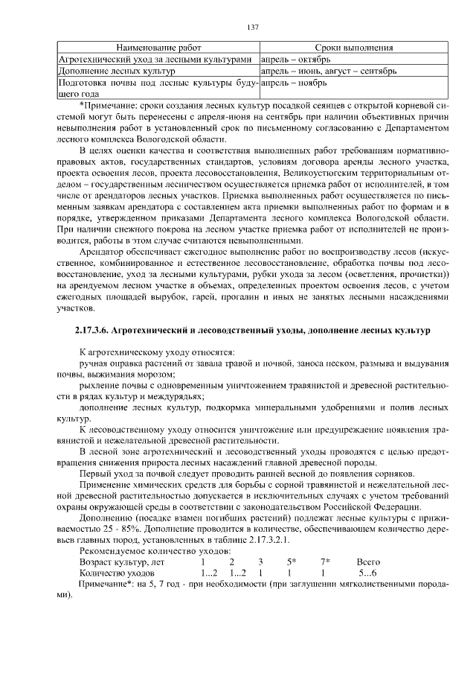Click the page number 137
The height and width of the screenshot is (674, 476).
pos(252,28)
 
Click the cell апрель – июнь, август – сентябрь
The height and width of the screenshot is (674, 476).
pos(329,71)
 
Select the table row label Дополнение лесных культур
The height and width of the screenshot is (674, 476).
pos(116,71)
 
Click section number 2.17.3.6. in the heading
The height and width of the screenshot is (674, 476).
pos(98,328)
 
